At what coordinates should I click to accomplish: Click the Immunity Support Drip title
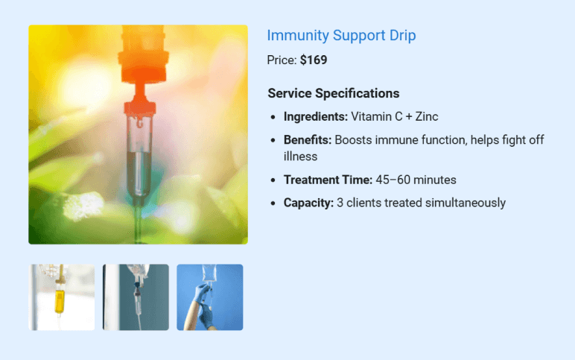click(341, 35)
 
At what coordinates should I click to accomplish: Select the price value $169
click(314, 60)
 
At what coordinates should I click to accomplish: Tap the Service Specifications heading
click(333, 93)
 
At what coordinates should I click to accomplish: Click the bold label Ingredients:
click(315, 117)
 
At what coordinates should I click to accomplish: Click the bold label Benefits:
click(307, 140)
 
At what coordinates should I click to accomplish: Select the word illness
click(300, 157)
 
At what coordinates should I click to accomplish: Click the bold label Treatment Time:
click(328, 180)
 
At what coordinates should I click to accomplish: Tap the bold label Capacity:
click(308, 203)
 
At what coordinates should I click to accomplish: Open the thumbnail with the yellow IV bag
click(62, 297)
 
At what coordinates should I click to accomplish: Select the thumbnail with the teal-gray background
click(136, 297)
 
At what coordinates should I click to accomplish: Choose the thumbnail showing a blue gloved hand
click(209, 297)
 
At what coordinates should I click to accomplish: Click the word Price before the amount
click(282, 60)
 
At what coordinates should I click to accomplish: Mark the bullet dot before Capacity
click(273, 203)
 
